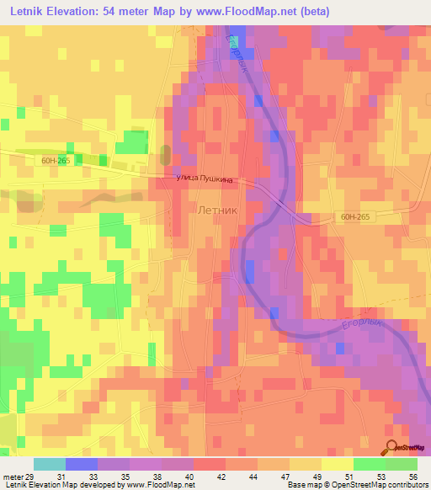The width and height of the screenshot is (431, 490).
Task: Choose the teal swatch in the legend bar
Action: pyautogui.click(x=49, y=464)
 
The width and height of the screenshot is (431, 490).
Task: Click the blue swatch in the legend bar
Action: pyautogui.click(x=81, y=464)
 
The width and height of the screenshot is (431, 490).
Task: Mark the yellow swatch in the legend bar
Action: pyautogui.click(x=337, y=464)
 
